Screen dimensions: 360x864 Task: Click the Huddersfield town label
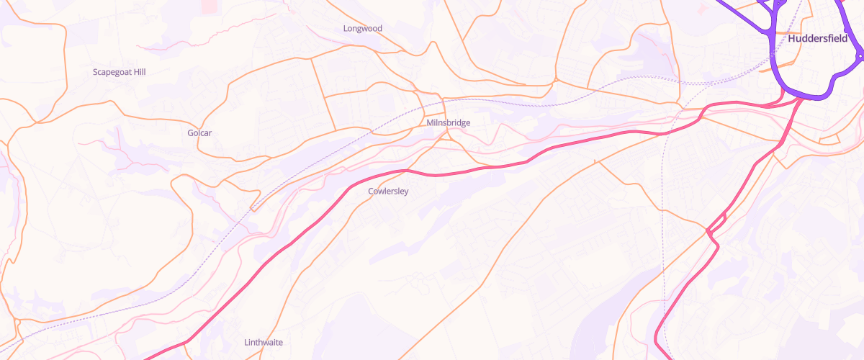click(817, 38)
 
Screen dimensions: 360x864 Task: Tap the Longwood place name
click(363, 29)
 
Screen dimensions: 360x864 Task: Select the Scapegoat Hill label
click(120, 72)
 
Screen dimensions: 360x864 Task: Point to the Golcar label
click(199, 133)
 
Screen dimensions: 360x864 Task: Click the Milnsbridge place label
click(448, 122)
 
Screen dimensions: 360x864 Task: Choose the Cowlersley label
click(388, 191)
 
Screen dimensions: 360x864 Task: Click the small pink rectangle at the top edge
click(208, 6)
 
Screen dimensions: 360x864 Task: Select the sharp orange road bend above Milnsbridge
click(432, 43)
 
